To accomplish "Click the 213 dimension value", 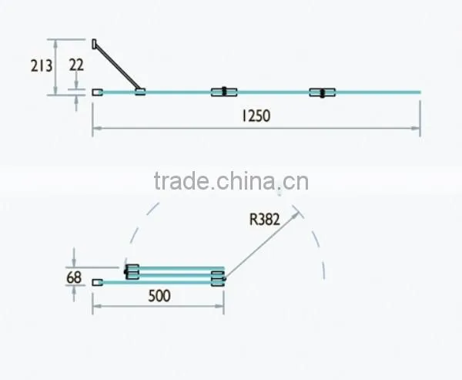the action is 42,66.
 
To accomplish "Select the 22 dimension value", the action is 76,65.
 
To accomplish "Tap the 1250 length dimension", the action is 256,116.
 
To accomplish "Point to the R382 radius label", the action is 264,220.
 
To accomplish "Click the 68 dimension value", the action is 74,277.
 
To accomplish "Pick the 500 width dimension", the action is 159,296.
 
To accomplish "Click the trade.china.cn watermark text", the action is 231,181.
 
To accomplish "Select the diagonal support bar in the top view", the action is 117,65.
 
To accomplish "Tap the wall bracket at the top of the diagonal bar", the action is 94,44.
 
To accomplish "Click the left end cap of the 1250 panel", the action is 97,92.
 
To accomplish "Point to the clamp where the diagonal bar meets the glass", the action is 140,92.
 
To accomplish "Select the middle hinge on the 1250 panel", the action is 224,92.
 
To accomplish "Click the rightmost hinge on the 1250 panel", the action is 323,92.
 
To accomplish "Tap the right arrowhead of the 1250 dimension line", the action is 416,129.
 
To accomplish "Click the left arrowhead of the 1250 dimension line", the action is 97,129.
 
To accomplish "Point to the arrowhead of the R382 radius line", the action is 296,215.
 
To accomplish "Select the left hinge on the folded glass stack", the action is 132,272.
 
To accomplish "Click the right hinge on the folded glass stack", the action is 219,278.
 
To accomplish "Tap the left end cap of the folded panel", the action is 97,282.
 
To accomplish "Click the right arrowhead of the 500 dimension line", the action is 219,306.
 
